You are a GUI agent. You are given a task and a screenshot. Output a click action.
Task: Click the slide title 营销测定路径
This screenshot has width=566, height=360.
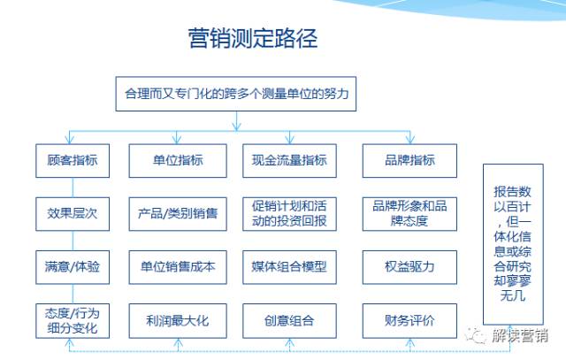pos(252,39)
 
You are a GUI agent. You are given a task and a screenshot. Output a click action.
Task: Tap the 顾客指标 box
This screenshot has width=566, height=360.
pos(72,160)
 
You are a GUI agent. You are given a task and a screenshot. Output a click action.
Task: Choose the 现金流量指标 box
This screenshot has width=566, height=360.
pos(289,160)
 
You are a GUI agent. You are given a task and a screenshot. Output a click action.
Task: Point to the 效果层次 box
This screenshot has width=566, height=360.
pos(72,213)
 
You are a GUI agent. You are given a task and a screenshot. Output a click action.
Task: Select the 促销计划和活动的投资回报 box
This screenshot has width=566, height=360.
pos(289,213)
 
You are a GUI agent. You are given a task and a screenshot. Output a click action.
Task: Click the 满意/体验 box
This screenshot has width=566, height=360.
pos(72,266)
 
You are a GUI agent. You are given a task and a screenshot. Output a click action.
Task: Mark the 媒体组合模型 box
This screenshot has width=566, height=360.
pos(289,266)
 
